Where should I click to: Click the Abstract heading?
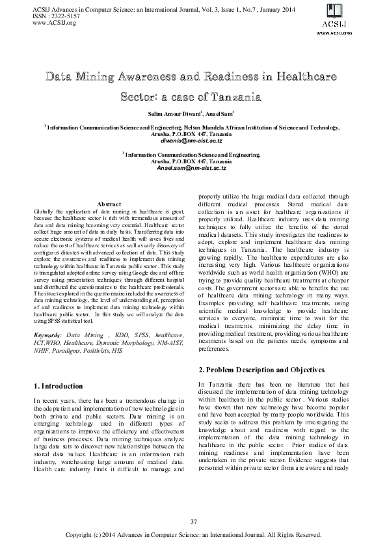pyautogui.click(x=109, y=204)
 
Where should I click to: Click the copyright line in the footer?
pyautogui.click(x=193, y=535)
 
